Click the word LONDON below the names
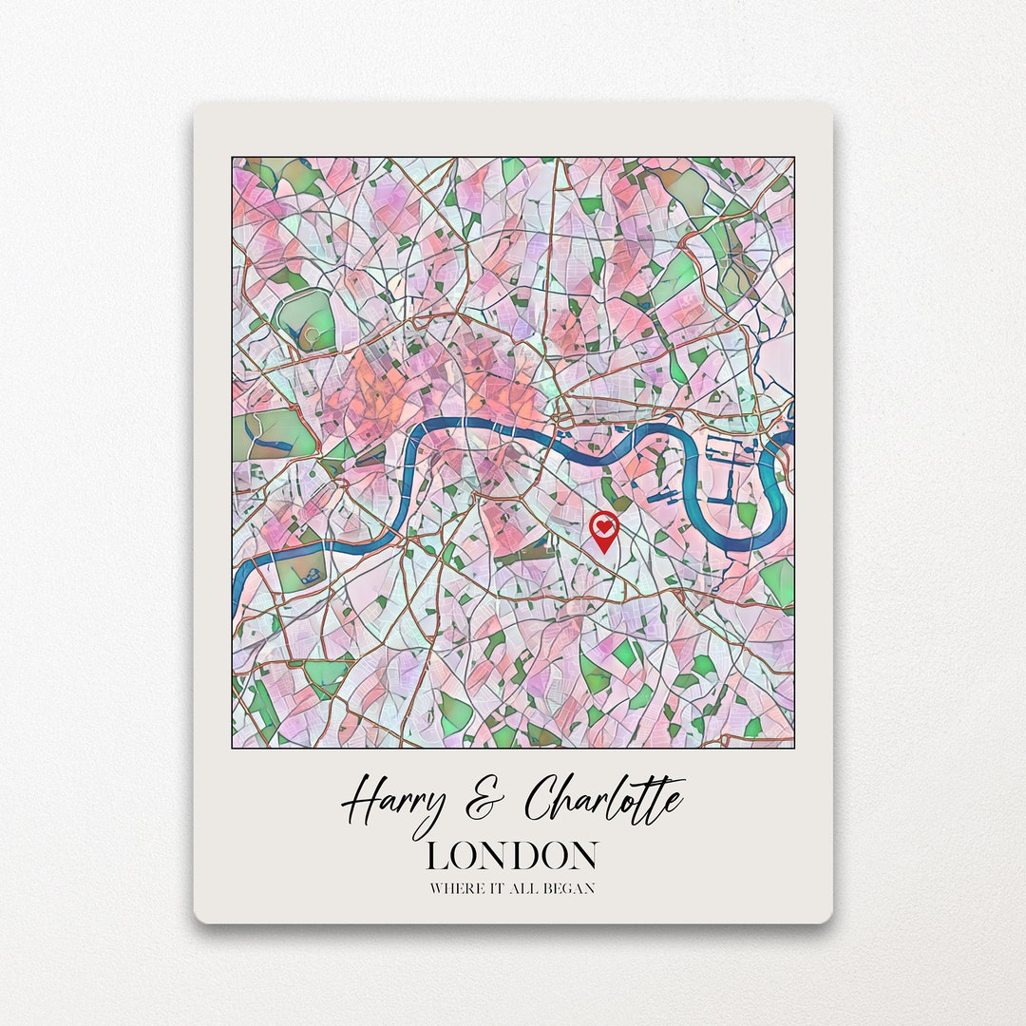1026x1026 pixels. (512, 856)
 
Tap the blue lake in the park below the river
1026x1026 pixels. (308, 573)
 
